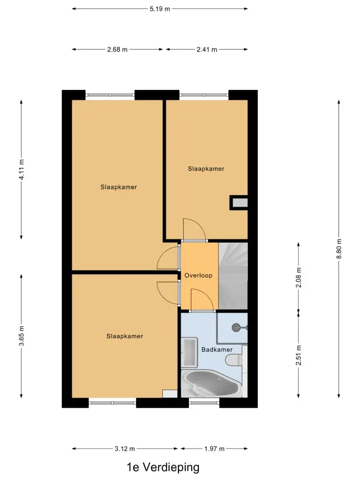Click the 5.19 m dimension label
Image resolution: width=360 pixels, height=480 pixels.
(x=160, y=9)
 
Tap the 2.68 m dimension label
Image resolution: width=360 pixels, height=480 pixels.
(x=117, y=49)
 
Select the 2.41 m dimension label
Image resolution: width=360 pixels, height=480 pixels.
(x=207, y=49)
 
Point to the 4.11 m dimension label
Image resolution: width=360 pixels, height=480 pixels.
(x=22, y=169)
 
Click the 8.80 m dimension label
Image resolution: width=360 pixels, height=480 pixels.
(x=339, y=248)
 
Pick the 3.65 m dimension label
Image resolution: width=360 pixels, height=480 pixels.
(x=22, y=336)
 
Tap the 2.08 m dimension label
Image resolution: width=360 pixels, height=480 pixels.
(x=299, y=277)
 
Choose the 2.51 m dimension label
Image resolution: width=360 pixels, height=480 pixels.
(x=299, y=355)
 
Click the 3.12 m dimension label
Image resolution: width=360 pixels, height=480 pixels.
(x=125, y=449)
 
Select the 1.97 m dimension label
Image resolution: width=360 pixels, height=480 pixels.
(x=214, y=449)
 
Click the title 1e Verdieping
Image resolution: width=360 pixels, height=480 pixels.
(x=163, y=467)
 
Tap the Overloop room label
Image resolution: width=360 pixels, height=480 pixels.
(x=198, y=276)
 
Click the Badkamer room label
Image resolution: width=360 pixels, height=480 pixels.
(x=217, y=350)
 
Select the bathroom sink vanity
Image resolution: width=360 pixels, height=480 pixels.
(x=189, y=352)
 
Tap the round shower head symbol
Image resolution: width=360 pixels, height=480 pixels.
(x=236, y=328)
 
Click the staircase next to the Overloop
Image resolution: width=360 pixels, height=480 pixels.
(x=233, y=276)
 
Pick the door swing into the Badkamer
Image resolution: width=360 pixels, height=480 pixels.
(x=202, y=300)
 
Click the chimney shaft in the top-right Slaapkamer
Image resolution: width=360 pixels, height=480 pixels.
(x=239, y=202)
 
